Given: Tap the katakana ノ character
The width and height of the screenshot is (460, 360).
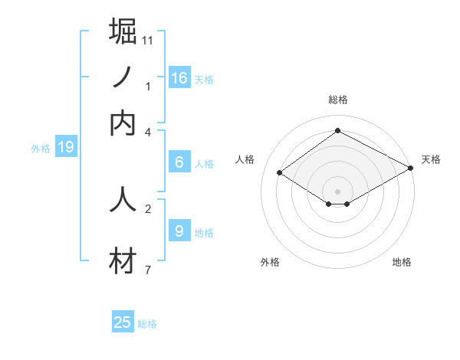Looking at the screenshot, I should click(123, 77).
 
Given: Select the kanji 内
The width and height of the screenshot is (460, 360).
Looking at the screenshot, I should click(123, 123).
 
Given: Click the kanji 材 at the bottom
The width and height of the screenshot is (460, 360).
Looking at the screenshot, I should click(123, 261).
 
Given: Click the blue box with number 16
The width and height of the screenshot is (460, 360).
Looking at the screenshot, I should click(179, 78).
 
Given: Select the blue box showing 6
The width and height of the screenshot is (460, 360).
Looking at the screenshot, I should click(179, 162).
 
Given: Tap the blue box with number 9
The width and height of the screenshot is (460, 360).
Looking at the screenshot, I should click(179, 231).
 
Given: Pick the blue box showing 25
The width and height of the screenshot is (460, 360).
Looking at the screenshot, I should click(123, 322).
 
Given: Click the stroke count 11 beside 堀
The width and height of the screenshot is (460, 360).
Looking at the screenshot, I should click(147, 40).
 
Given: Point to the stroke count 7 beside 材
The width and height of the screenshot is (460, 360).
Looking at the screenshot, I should click(147, 270).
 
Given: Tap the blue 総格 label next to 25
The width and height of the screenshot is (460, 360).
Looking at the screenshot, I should click(147, 324).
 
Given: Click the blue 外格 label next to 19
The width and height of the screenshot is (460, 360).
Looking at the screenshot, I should click(41, 149).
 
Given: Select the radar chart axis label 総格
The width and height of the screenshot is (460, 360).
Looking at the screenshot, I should click(338, 100).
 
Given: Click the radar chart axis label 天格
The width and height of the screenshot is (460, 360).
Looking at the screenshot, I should click(431, 159).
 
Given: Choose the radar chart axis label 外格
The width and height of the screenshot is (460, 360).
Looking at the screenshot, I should click(270, 262).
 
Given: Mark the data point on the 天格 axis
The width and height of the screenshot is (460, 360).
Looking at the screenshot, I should click(411, 169).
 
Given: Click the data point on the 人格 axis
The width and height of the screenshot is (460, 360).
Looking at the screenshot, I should click(280, 173).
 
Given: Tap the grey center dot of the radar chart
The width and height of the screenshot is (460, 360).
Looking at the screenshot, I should click(338, 191).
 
